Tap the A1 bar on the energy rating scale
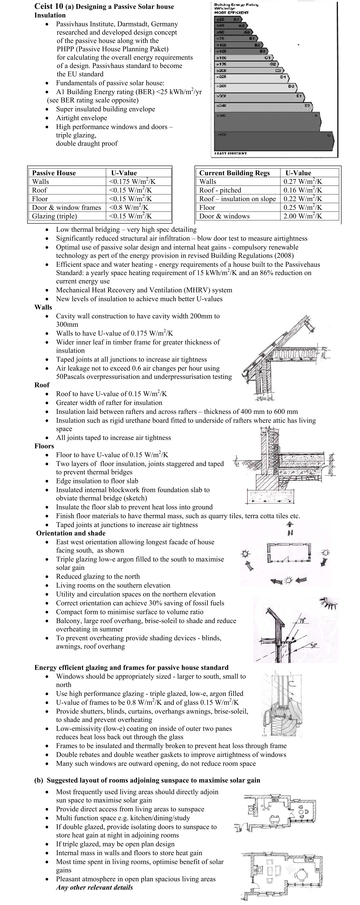click(228, 20)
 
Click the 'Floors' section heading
click(44, 446)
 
